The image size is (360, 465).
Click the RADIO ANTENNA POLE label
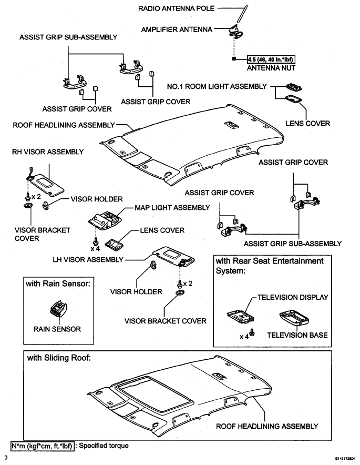pyautogui.click(x=176, y=8)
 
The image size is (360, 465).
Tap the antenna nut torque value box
pyautogui.click(x=271, y=59)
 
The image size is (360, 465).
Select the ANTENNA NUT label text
pyautogui.click(x=271, y=68)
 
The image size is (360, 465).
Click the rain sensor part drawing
pyautogui.click(x=59, y=309)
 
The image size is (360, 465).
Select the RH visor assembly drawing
pyautogui.click(x=45, y=183)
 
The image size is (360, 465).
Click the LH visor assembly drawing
pyautogui.click(x=173, y=256)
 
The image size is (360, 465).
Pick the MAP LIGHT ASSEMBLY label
pyautogui.click(x=172, y=208)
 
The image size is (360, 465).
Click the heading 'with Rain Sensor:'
pyautogui.click(x=58, y=284)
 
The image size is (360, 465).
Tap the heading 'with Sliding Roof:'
pyautogui.click(x=59, y=358)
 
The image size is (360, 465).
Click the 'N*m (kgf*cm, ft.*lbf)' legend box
pyautogui.click(x=42, y=446)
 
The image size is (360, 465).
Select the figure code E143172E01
pyautogui.click(x=346, y=458)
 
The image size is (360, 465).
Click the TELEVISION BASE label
pyautogui.click(x=297, y=335)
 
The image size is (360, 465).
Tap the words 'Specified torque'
pyautogui.click(x=104, y=446)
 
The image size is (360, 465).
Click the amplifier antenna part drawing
pyautogui.click(x=235, y=30)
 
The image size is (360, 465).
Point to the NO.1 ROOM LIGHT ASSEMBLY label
pyautogui.click(x=217, y=86)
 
